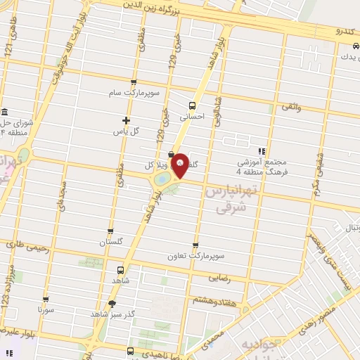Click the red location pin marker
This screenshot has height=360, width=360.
point(180,165)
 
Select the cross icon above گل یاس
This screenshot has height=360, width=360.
point(126,120)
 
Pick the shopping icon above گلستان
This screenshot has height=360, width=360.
point(110,231)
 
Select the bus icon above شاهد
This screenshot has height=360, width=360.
point(120,269)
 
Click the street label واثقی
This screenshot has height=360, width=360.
point(290,105)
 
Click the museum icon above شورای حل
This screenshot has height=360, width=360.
point(5,113)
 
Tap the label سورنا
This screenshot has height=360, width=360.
point(46,309)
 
